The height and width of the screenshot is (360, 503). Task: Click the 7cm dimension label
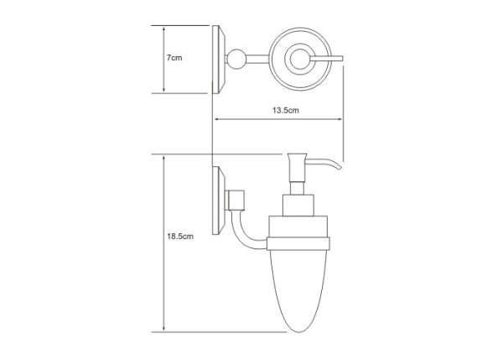click(174, 58)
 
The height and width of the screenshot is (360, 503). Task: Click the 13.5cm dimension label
click(286, 111)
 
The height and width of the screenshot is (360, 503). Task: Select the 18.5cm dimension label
click(180, 237)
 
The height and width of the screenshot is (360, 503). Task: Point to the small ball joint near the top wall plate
click(236, 59)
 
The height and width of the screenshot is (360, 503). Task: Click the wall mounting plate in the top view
click(219, 60)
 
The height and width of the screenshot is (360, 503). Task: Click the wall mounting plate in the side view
click(219, 201)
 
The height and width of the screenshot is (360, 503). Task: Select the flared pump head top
click(298, 158)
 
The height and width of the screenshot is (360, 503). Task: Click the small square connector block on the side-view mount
click(236, 201)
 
